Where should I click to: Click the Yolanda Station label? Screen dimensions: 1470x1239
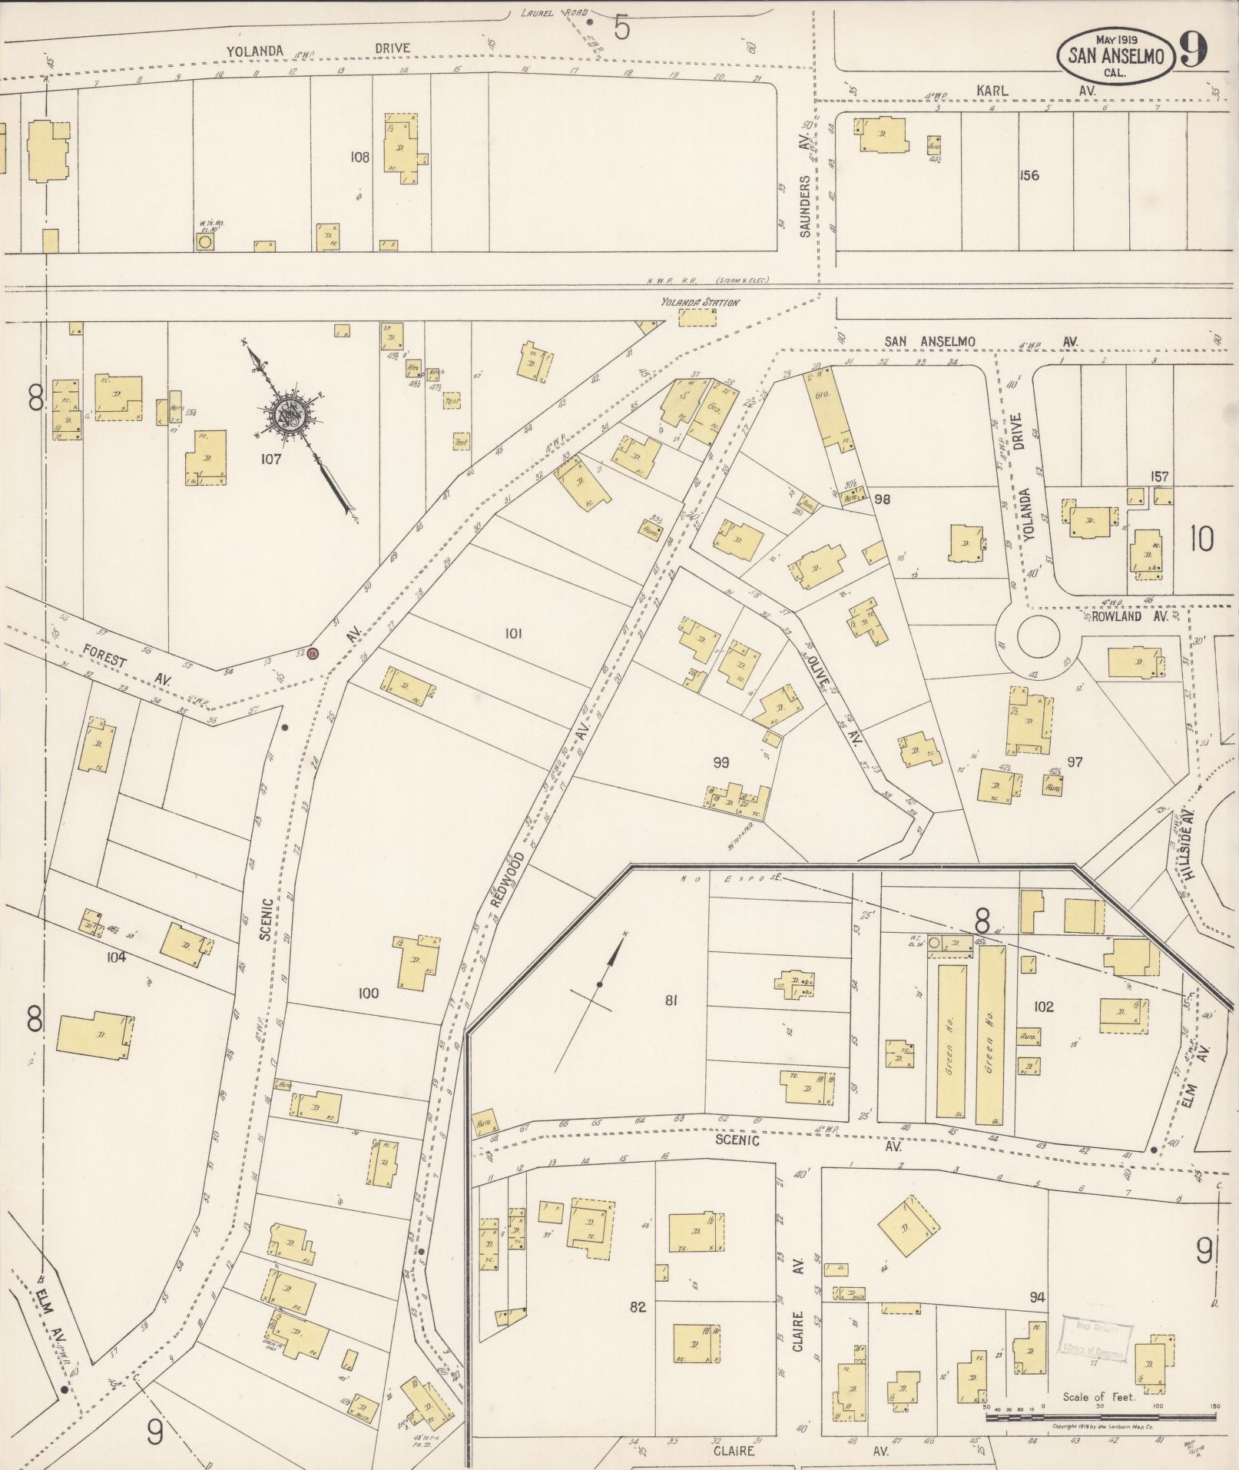(x=701, y=302)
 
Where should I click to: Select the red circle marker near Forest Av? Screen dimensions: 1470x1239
(x=313, y=654)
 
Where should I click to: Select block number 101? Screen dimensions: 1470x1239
(x=513, y=634)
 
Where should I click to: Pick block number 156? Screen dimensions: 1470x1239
(x=1029, y=175)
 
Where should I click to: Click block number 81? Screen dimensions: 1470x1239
(x=671, y=1000)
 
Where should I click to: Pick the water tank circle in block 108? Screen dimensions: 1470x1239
(x=204, y=242)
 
